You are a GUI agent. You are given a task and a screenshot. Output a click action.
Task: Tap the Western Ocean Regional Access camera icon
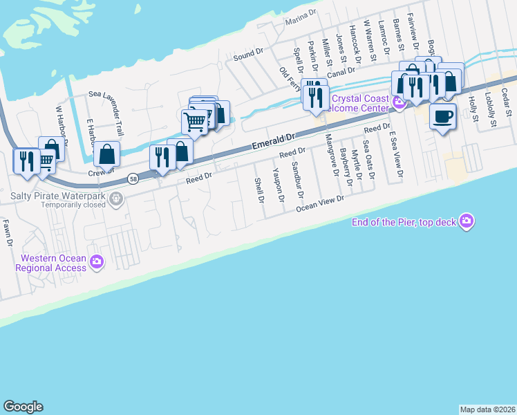click(97, 261)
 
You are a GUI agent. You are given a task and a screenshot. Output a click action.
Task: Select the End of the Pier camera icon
click(467, 221)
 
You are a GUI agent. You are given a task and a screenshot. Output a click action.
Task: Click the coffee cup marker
click(442, 116)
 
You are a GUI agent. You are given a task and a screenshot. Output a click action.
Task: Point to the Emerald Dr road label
click(272, 142)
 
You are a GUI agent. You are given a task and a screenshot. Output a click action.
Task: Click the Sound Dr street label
click(249, 53)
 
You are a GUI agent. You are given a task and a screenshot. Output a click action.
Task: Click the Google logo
click(23, 407)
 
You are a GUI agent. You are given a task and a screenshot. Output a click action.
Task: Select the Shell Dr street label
click(260, 190)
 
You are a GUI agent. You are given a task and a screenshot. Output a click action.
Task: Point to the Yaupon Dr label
click(278, 185)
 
